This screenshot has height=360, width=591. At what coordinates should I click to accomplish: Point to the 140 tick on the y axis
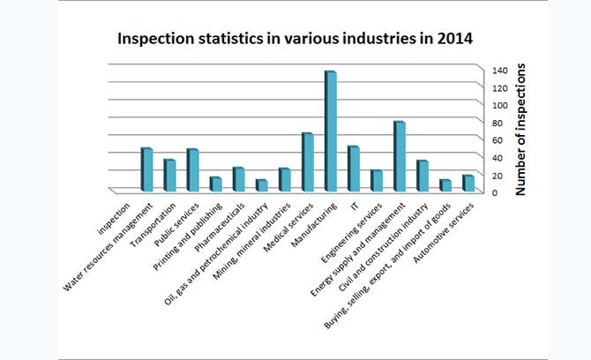pos(499,70)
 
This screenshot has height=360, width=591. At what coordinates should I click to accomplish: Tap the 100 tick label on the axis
pos(499,105)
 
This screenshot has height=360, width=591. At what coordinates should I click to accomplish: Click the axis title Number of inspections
pos(521,129)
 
